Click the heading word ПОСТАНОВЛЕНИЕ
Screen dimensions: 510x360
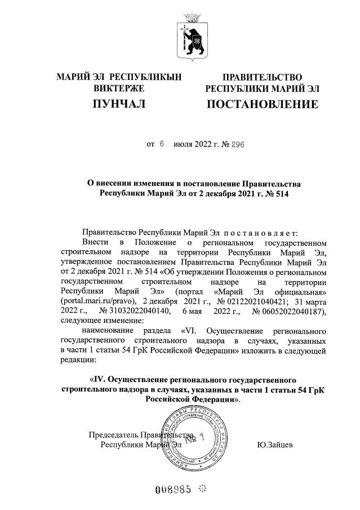point(262,104)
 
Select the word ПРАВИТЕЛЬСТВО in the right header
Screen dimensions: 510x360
point(263,77)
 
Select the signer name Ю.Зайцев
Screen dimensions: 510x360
point(275,445)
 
